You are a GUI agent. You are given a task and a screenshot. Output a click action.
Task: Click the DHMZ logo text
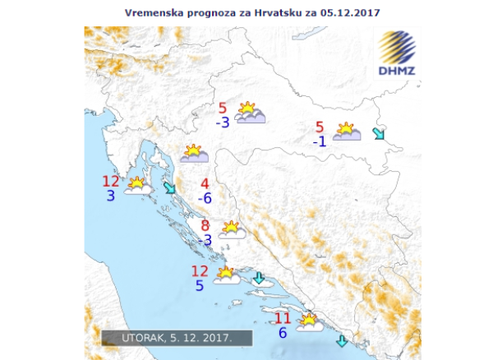(x=398, y=70)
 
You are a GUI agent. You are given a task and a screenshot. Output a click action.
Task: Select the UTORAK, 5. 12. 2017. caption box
(x=177, y=337)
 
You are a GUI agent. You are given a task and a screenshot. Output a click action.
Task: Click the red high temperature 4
(x=205, y=183)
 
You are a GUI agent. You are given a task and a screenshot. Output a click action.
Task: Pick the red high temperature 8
(x=205, y=226)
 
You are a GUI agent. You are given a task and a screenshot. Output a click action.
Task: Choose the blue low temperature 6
(x=283, y=333)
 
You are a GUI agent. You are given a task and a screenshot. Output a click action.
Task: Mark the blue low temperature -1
(x=320, y=141)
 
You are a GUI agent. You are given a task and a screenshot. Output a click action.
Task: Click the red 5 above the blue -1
(x=320, y=127)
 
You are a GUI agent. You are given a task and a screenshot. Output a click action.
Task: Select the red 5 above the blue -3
(x=223, y=108)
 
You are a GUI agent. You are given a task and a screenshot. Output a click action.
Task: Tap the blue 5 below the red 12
(x=200, y=285)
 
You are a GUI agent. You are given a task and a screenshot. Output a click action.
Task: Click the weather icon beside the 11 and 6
(x=309, y=321)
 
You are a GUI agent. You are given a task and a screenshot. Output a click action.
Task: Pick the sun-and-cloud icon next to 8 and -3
(x=232, y=229)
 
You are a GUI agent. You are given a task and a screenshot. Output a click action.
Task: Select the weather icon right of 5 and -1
(x=347, y=132)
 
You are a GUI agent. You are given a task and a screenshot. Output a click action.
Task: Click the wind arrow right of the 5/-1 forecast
(x=379, y=133)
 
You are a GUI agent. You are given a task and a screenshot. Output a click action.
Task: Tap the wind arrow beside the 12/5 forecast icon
(x=259, y=278)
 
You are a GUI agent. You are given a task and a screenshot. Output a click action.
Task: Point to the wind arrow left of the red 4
(x=170, y=188)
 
